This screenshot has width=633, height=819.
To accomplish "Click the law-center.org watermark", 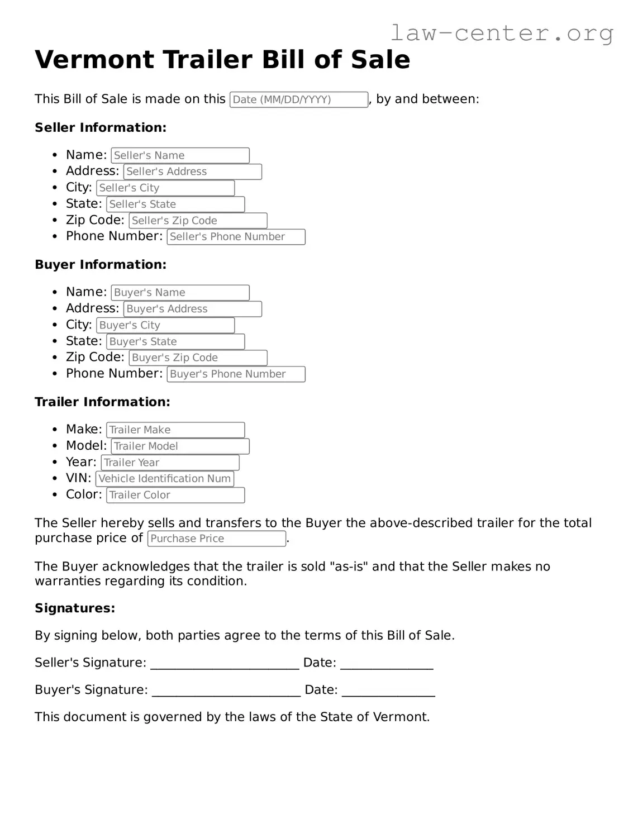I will (501, 33).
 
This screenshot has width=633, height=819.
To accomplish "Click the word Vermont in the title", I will (94, 60).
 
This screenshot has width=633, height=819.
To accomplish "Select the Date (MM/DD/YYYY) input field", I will (298, 99).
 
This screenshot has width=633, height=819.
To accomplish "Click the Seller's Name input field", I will (180, 155).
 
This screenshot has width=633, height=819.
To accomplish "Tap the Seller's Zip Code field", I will (198, 221).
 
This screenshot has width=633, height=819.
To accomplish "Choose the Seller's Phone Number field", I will (236, 237).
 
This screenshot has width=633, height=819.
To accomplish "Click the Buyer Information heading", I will (101, 265).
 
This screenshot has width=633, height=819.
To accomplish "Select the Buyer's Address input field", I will (192, 309).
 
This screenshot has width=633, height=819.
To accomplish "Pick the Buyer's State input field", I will (175, 341).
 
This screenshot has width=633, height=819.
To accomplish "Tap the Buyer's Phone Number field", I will (236, 374).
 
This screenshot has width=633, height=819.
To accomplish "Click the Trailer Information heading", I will (102, 402).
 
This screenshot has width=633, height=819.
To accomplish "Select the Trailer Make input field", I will (175, 430).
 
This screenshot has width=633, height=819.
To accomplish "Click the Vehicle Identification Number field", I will (164, 479).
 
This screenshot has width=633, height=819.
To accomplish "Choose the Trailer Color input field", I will (175, 495).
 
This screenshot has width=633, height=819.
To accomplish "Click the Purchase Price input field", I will (217, 539).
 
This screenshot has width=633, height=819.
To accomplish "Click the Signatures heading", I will (75, 608).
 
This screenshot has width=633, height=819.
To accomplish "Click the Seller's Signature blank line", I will (225, 664).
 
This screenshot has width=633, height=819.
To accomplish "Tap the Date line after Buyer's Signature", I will (388, 691).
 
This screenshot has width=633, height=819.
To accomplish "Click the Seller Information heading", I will (101, 128).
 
